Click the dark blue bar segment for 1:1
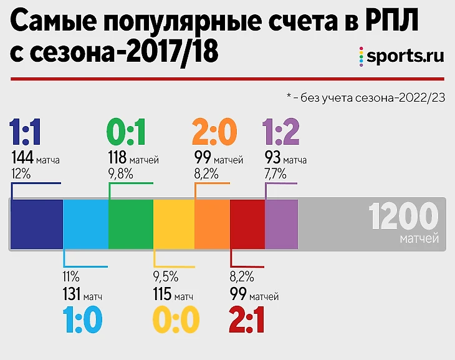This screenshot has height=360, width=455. coord(37,224)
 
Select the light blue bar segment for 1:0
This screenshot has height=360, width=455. coord(85,224)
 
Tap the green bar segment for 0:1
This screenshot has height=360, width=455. coord(131,224)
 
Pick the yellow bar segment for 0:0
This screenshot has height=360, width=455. coord(174,224)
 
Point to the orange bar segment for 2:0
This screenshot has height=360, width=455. coord(213,224)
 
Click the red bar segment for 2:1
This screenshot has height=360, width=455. coord(247,224)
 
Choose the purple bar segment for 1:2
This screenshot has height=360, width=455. coord(281,224)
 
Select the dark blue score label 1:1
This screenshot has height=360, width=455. coord(26,132)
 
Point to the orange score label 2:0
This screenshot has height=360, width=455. coord(214,132)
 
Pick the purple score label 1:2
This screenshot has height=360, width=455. coord(282,132)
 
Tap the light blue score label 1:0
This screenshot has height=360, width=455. coord(82,321)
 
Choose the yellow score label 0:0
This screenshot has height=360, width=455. coord(176,321)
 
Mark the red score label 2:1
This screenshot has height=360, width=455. coord(247,321)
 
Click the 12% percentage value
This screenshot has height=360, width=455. coord(21,174)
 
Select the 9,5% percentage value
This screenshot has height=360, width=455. coord(165,276)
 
